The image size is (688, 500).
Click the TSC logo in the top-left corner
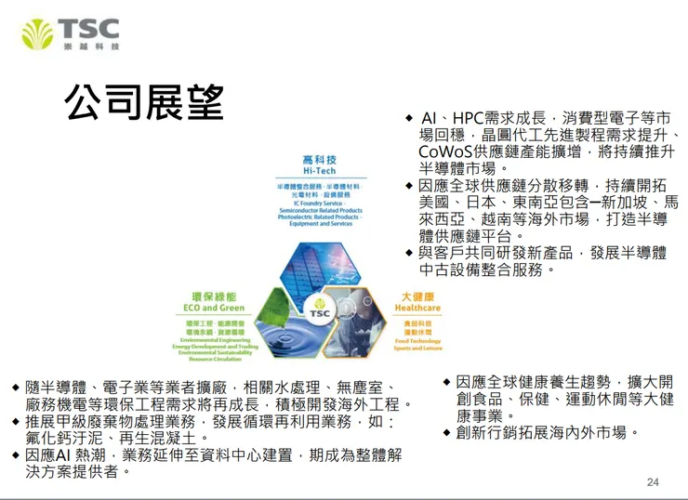pos(71,34)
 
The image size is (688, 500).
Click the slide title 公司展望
pos(143,100)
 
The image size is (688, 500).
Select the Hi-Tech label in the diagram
pos(319,173)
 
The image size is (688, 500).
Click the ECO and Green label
pos(214,308)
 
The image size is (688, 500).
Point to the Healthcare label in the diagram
pos(417,308)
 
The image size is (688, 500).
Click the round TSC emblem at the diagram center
pos(319,311)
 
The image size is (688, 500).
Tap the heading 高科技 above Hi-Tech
pos(319,161)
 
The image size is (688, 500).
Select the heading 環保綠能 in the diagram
pos(214,296)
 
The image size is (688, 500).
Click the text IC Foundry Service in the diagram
pos(319,203)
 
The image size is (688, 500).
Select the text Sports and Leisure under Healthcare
pos(417,348)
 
